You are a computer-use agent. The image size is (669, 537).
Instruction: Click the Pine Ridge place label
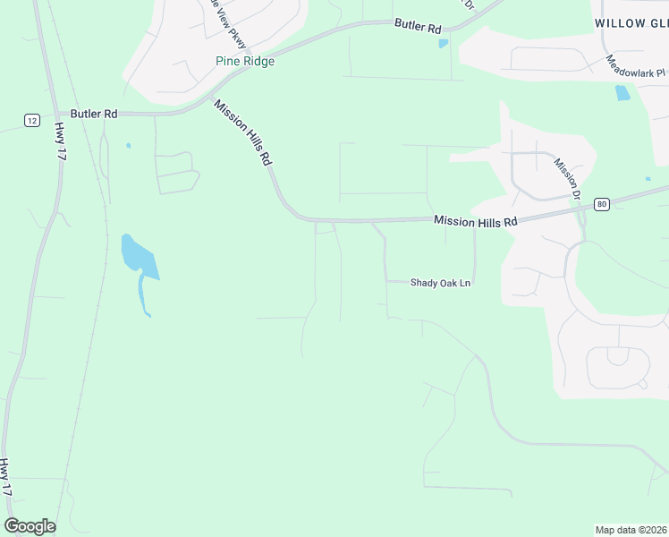[x=245, y=62]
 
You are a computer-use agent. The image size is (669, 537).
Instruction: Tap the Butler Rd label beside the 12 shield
[x=95, y=114]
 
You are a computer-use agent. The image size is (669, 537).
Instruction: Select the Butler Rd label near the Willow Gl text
[x=419, y=28]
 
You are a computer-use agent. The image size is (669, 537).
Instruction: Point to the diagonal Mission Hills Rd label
[x=241, y=132]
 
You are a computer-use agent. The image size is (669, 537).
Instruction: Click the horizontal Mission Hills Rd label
[x=475, y=221]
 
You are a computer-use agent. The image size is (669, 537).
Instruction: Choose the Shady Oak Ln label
[x=440, y=283]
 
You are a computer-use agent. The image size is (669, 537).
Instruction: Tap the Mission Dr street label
[x=567, y=179]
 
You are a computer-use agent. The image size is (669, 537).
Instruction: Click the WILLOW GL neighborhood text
[x=631, y=22]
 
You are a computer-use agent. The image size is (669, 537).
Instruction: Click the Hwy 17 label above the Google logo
[x=7, y=477]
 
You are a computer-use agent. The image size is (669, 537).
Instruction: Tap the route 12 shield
[x=32, y=120]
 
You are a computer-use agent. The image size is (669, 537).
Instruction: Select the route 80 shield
[x=600, y=203]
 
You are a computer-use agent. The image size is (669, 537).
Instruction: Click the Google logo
[x=30, y=526]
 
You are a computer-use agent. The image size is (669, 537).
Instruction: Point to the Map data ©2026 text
[x=631, y=529]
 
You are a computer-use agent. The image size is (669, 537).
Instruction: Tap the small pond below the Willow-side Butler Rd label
[x=443, y=43]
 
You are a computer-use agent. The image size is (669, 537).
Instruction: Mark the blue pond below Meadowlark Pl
[x=622, y=92]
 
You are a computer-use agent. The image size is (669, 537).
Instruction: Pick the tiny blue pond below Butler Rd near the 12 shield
[x=129, y=145]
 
